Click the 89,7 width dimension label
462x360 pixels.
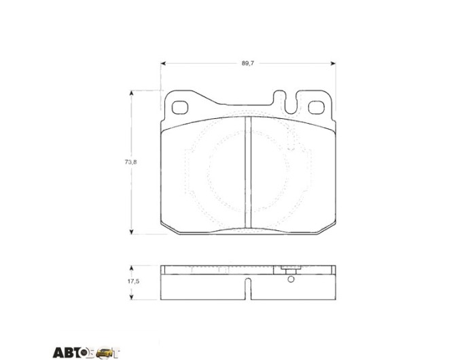[248, 63]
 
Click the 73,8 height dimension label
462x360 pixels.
[131, 162]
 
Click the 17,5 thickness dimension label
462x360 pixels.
[133, 281]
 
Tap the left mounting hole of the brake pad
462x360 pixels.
[180, 107]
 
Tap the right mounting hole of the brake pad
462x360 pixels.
[317, 107]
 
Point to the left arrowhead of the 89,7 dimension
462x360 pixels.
[163, 63]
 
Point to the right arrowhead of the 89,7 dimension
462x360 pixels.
[333, 63]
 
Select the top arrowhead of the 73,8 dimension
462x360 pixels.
[132, 93]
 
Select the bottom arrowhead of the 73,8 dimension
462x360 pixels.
[132, 232]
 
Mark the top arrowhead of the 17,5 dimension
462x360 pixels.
[132, 268]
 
